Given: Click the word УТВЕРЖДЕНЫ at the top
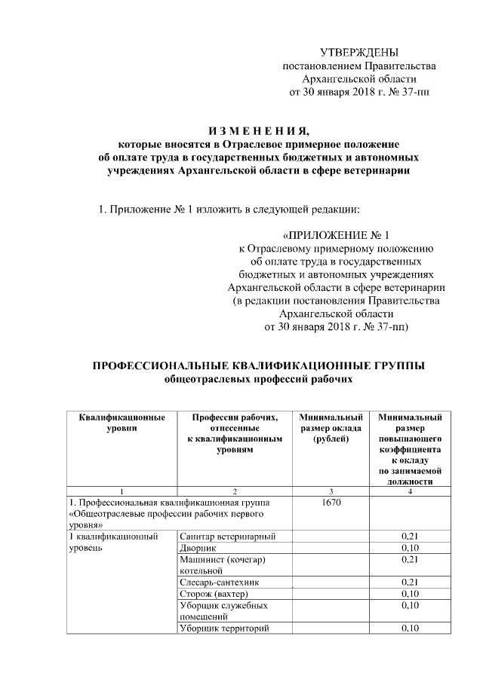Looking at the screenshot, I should pos(358,52).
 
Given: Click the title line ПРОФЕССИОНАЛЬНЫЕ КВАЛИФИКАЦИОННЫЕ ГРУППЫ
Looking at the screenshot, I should pos(259,365).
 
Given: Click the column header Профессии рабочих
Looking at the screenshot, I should pos(234,433).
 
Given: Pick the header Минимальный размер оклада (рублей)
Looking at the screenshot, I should pos(331,427).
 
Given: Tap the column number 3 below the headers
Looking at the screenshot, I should pos(331,491).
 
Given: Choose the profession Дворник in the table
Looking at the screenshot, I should pos(200,548).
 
